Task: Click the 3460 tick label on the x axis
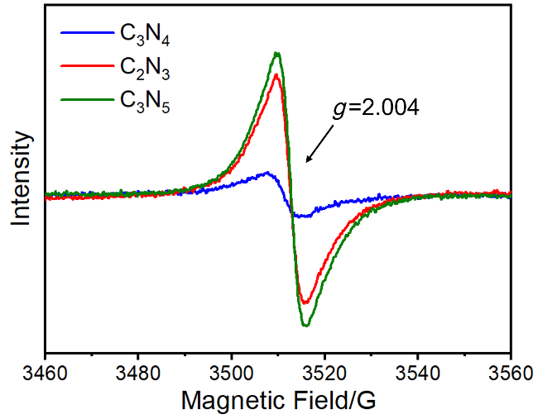click(45, 374)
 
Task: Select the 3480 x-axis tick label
click(138, 374)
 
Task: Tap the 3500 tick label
click(231, 374)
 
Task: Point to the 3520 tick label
click(324, 374)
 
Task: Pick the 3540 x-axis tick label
click(417, 374)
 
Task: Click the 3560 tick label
click(511, 374)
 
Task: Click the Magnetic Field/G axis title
click(278, 400)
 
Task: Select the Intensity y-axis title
click(21, 179)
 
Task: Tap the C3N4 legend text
click(145, 35)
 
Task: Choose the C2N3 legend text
click(145, 68)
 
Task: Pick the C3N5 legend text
click(145, 102)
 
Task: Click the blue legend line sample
click(87, 33)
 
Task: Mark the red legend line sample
click(87, 66)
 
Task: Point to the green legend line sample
click(87, 100)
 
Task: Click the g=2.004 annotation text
click(376, 108)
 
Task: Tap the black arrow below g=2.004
click(319, 144)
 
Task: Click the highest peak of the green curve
click(277, 54)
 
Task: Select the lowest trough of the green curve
click(305, 325)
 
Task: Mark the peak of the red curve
click(276, 74)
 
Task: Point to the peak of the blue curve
click(267, 173)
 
